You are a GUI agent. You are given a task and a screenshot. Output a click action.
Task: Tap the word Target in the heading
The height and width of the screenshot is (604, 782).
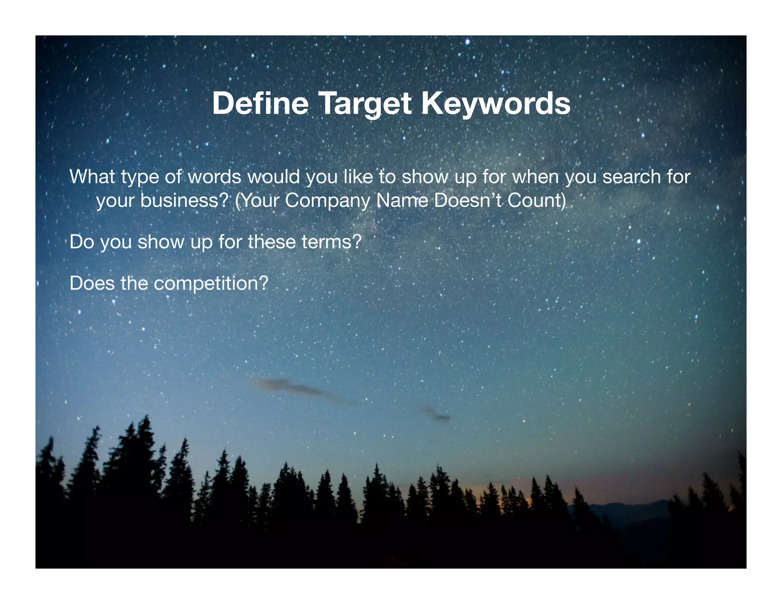[x=365, y=104]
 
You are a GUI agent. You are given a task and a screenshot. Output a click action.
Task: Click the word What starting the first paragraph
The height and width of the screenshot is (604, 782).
[x=92, y=176]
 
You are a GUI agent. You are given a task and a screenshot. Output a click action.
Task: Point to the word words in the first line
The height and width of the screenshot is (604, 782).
[x=214, y=176]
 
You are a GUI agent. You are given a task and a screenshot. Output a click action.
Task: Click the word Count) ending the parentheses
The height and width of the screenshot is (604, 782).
[x=536, y=200]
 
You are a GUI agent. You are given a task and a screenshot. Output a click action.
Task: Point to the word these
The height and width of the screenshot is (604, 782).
[x=271, y=242]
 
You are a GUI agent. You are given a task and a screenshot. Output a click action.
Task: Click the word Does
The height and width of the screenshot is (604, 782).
[x=92, y=283]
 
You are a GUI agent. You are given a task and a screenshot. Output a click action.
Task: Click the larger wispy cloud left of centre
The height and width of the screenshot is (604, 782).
[x=294, y=387]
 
